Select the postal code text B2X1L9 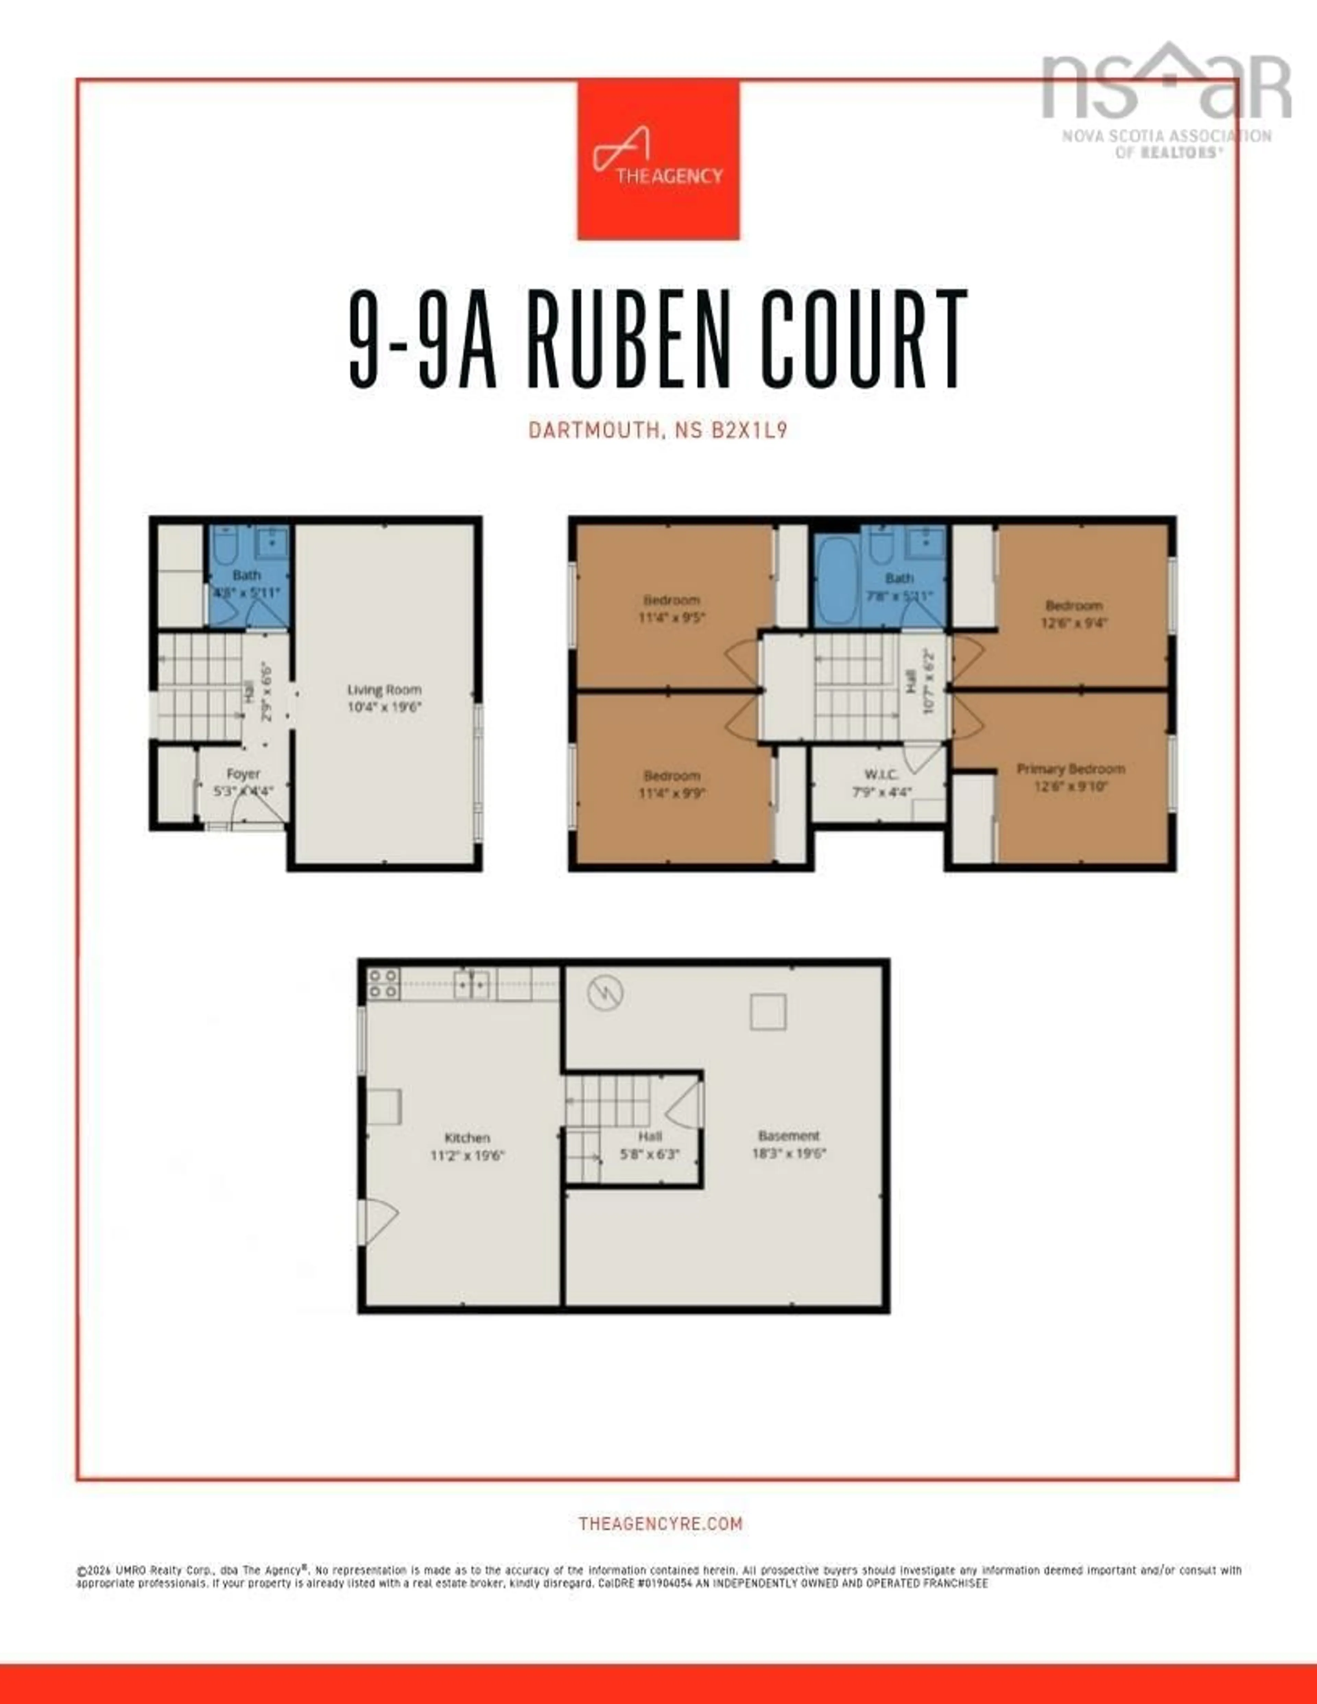point(749,430)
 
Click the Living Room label point(384,690)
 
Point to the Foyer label point(242,774)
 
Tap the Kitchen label point(466,1137)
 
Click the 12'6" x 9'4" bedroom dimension point(1073,623)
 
